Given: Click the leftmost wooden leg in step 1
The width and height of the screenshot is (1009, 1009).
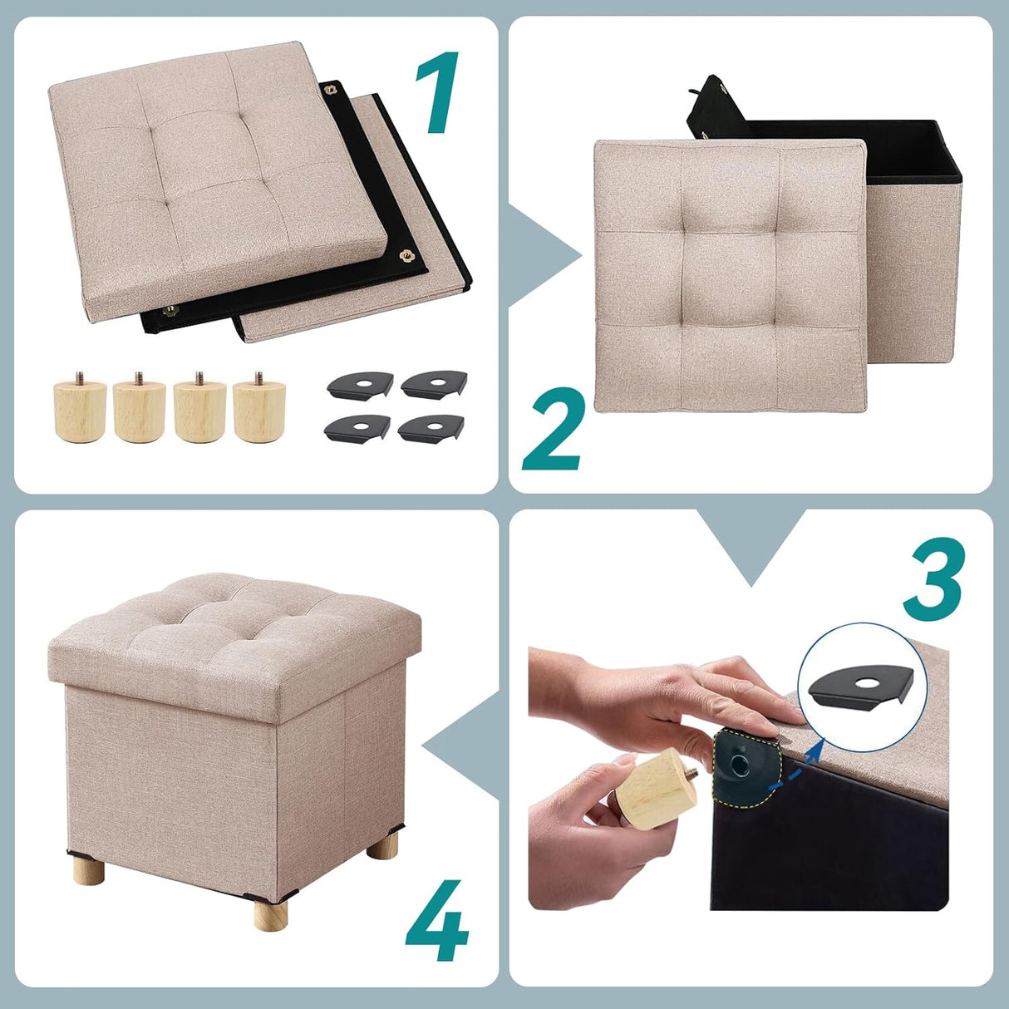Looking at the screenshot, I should pos(80,409).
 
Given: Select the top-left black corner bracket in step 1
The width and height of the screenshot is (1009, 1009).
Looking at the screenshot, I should pos(359,385).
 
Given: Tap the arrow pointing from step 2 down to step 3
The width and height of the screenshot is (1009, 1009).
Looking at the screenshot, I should pos(751,544).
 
